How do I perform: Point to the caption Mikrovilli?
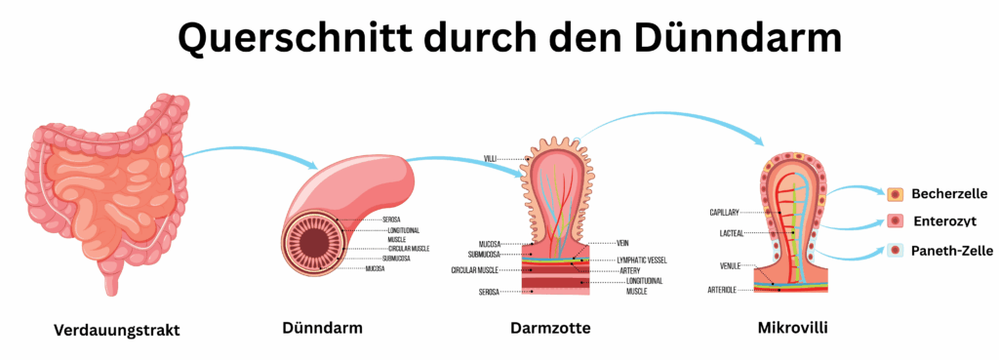[x=793, y=327]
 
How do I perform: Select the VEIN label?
[x=625, y=243]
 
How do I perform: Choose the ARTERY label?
[x=629, y=270]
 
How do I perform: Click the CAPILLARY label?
[x=726, y=212]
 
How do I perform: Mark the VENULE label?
[x=730, y=265]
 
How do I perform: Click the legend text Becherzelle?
[x=950, y=194]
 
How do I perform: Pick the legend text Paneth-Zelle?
[x=950, y=251]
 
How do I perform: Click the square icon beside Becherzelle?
[x=895, y=194]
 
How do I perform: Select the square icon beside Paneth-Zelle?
[x=895, y=251]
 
